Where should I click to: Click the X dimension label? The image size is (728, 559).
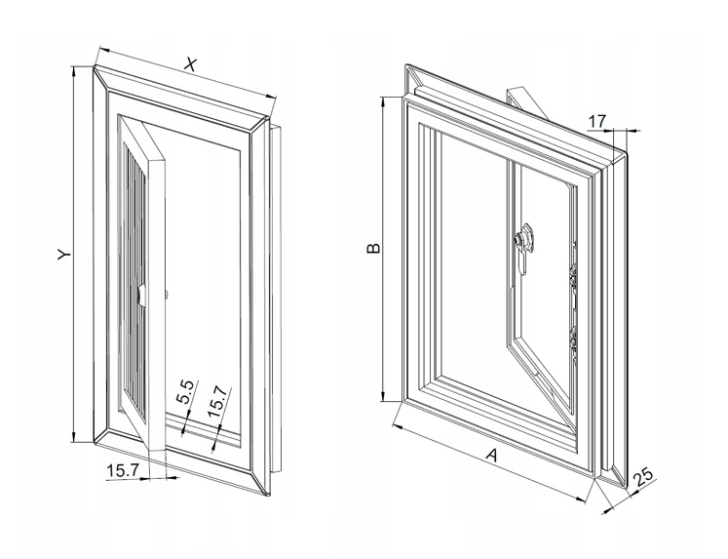click(189, 64)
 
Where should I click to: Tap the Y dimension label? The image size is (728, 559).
click(64, 255)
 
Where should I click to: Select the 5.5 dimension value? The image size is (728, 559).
click(185, 392)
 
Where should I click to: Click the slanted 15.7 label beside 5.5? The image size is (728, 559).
click(217, 402)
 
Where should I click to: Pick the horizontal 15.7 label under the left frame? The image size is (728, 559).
click(123, 470)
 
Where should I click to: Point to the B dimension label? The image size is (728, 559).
click(373, 248)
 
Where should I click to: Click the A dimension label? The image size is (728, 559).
click(491, 455)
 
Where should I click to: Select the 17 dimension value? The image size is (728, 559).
click(597, 121)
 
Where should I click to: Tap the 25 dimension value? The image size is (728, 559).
click(643, 478)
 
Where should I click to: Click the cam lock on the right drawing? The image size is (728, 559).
click(523, 237)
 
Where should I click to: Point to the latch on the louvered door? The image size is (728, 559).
click(142, 297)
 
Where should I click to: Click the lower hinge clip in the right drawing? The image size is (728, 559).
click(573, 340)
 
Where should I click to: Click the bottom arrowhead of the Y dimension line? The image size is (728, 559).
click(73, 437)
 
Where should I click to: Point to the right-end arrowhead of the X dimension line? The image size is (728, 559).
click(271, 96)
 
